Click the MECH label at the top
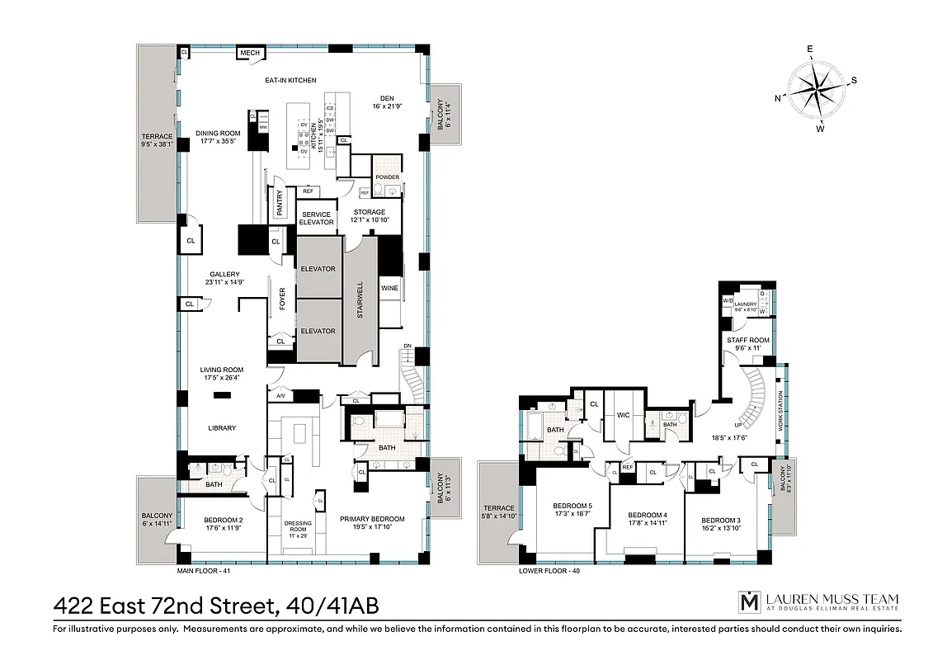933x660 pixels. pyautogui.click(x=250, y=53)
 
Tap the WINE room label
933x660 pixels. pyautogui.click(x=389, y=288)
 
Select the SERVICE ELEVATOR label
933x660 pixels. pyautogui.click(x=315, y=219)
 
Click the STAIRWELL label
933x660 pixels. pyautogui.click(x=359, y=300)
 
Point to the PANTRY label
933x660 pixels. pyautogui.click(x=280, y=206)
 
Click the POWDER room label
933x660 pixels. pyautogui.click(x=387, y=177)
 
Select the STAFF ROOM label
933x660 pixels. pyautogui.click(x=747, y=340)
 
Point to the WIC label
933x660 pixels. pyautogui.click(x=623, y=415)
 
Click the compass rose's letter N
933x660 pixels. pyautogui.click(x=778, y=97)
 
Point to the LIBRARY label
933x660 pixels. pyautogui.click(x=222, y=428)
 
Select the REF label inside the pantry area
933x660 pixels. pyautogui.click(x=308, y=191)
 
